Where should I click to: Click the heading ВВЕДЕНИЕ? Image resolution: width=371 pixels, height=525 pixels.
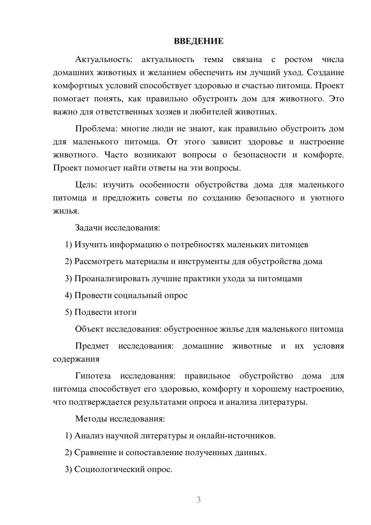(198, 41)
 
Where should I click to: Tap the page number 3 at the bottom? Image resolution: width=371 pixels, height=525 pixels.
(198, 500)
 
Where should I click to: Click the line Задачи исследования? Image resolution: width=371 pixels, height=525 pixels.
(118, 228)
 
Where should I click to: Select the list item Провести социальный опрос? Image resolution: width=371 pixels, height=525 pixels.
(131, 296)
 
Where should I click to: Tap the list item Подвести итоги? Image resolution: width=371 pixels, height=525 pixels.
(105, 312)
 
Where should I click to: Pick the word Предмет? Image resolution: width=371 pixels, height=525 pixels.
(92, 346)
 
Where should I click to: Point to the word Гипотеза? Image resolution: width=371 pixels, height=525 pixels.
(93, 376)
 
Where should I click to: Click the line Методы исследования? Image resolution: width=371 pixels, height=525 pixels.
(120, 419)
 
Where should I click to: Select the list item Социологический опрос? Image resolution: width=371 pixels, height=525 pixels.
(123, 469)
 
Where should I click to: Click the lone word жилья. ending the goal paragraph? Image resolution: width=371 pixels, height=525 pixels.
(66, 211)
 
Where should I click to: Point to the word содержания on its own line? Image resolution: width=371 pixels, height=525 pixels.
(76, 359)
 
